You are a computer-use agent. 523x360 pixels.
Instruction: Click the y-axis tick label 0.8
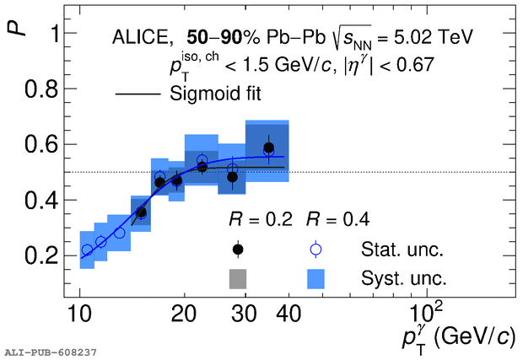pos(40,89)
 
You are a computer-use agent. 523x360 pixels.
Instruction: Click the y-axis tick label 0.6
pos(40,145)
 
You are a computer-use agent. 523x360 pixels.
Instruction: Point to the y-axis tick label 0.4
pos(40,201)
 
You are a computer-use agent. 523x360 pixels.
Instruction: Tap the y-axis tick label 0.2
pos(40,256)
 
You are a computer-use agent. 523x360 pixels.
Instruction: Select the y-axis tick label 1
pos(50,34)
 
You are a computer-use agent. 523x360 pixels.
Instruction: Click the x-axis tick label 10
pos(79,315)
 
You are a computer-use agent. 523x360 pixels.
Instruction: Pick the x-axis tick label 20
pos(185,315)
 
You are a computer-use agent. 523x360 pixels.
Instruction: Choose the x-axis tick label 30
pos(245,315)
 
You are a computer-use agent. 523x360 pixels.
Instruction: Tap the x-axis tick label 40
pos(288,315)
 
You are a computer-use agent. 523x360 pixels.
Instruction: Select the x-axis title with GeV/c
pos(455,336)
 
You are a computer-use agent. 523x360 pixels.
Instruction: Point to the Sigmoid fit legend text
pos(215,94)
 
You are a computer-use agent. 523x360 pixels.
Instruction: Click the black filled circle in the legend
pos(238,249)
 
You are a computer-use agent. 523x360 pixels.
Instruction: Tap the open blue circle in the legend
pos(315,249)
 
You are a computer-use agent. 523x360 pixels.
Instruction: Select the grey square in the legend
pos(238,277)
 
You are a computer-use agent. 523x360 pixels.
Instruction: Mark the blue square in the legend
pos(315,277)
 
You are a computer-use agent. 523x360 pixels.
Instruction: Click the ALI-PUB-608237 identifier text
pos(51,351)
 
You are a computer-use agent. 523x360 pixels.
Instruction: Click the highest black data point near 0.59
pos(268,148)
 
